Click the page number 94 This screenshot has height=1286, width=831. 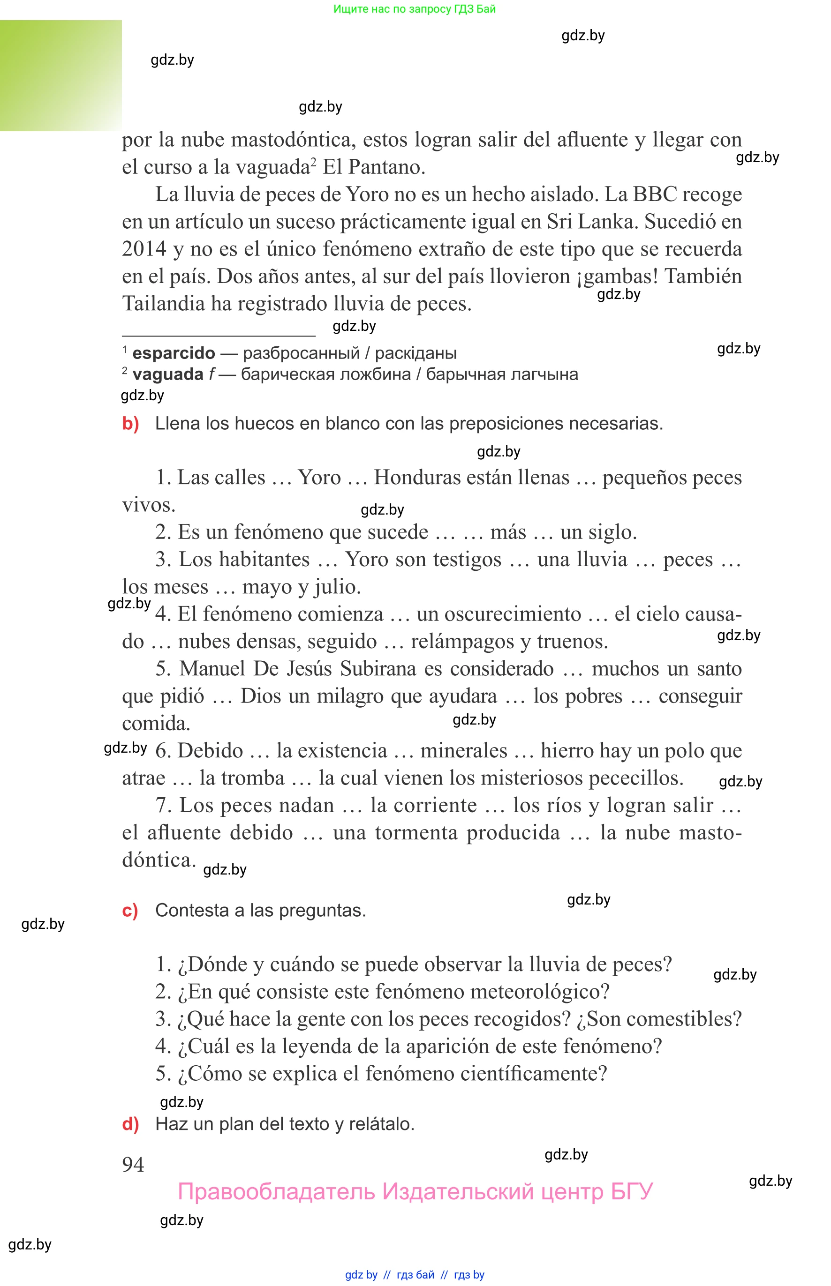(133, 1164)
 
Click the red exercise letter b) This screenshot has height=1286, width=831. (130, 424)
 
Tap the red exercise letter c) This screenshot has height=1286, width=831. (130, 910)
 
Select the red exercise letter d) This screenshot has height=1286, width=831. (130, 1124)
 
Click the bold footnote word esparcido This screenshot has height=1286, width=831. (174, 353)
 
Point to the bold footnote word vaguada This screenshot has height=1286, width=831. (168, 374)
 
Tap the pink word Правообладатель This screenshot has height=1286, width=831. (276, 1192)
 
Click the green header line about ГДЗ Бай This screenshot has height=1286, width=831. (415, 8)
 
